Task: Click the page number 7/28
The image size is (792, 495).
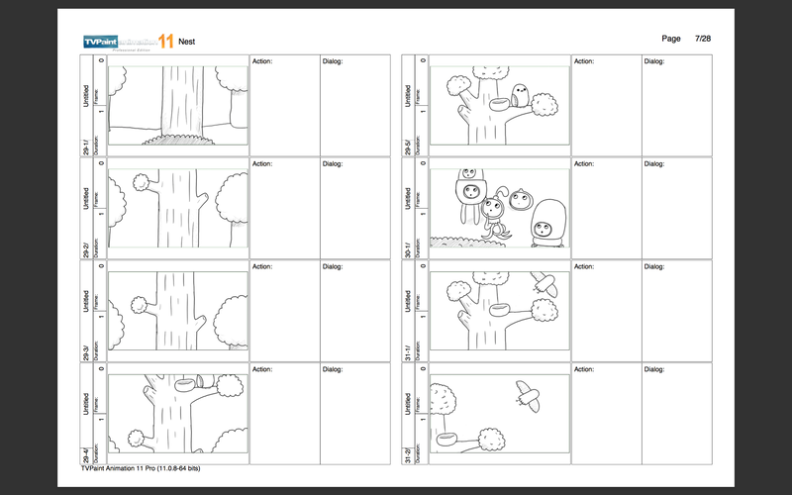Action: coord(704,38)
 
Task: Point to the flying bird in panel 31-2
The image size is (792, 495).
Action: coord(527,396)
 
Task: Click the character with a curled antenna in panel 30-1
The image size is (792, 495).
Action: coord(492,210)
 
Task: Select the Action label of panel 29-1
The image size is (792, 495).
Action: coord(262,61)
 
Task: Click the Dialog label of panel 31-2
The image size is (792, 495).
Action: coord(654,369)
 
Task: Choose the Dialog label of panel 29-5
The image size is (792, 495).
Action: coord(654,61)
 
